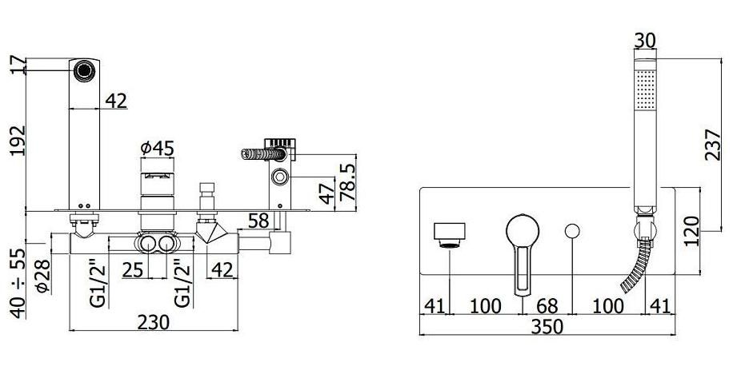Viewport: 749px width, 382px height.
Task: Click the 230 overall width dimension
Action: [154, 322]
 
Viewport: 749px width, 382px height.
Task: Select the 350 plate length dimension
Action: [547, 327]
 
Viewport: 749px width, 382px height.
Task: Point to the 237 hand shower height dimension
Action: [712, 145]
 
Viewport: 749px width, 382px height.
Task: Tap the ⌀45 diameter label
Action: [157, 149]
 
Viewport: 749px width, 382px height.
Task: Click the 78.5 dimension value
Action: [348, 182]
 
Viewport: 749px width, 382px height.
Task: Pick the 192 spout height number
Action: [18, 140]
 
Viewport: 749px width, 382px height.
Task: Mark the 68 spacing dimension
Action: [547, 306]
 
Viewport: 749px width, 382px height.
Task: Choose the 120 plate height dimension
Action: [691, 231]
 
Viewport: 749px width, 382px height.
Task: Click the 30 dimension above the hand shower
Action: [645, 41]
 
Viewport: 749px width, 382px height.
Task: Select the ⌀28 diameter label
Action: [42, 276]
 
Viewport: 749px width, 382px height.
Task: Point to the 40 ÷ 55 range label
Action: [18, 283]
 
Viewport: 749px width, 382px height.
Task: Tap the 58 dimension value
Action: [258, 221]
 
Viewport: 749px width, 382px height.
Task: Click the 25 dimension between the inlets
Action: [133, 269]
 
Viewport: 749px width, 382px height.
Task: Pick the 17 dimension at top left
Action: [18, 65]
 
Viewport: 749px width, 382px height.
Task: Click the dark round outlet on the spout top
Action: [84, 70]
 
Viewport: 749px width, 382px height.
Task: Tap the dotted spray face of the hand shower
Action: [645, 90]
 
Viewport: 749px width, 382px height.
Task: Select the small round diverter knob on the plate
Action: [572, 231]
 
